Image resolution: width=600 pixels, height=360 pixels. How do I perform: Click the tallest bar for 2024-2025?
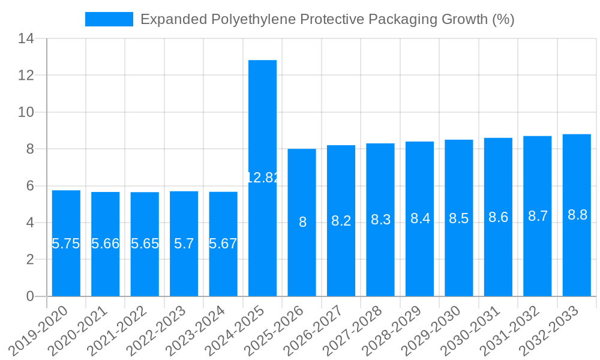point(262,120)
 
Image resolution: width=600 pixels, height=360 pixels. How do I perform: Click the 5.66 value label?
point(105,244)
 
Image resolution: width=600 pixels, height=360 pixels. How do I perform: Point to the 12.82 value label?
point(263,178)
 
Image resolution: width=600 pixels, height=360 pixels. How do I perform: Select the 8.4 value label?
point(420,218)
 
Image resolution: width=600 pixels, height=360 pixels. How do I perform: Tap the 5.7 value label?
point(184,244)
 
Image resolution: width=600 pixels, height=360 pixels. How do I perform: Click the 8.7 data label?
point(538,216)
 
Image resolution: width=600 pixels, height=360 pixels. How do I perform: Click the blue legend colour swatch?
point(109,19)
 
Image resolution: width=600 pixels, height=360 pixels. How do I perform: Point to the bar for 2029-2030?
point(459,252)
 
